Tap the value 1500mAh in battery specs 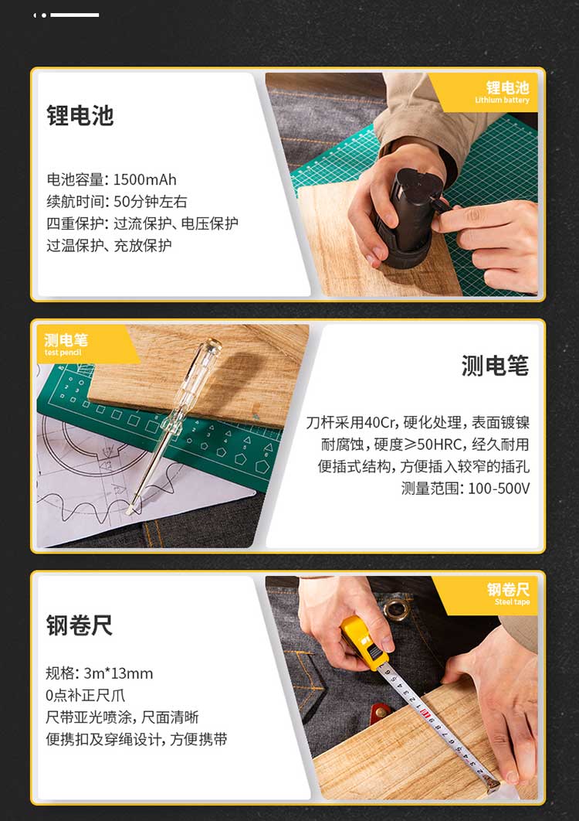pyautogui.click(x=145, y=179)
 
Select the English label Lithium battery pyautogui.click(x=502, y=100)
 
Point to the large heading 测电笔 pyautogui.click(x=495, y=365)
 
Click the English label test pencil pyautogui.click(x=63, y=353)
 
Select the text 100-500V pyautogui.click(x=499, y=489)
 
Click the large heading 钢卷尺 pyautogui.click(x=80, y=625)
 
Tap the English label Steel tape pyautogui.click(x=512, y=602)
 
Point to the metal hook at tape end pyautogui.click(x=491, y=782)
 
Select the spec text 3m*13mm pyautogui.click(x=118, y=673)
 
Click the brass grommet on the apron pyautogui.click(x=396, y=609)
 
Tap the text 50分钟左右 pyautogui.click(x=150, y=202)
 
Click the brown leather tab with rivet pyautogui.click(x=381, y=711)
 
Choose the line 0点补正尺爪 pyautogui.click(x=85, y=695)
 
